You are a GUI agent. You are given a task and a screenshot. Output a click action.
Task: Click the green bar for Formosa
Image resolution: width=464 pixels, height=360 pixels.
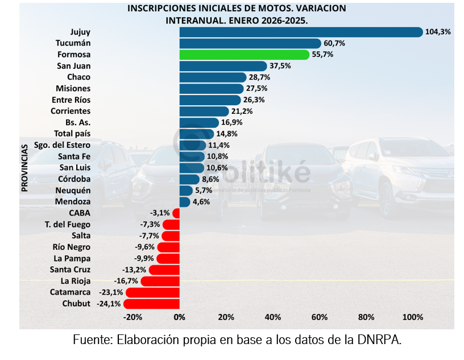point(245,55)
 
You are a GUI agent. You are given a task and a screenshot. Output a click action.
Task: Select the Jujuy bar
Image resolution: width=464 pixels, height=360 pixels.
point(301,32)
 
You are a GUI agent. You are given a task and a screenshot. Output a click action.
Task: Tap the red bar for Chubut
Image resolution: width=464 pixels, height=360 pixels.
point(151,304)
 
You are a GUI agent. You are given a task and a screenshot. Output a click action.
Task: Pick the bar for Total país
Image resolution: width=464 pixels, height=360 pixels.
point(196,134)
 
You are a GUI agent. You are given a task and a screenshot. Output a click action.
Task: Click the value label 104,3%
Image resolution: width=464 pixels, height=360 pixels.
point(438,32)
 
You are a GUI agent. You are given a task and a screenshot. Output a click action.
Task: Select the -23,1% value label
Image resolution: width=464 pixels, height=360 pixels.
point(111,292)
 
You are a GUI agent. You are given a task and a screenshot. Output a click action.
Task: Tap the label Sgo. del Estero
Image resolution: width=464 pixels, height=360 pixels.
point(62,145)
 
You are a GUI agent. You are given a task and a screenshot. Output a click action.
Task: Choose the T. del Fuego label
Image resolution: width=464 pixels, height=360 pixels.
point(67,225)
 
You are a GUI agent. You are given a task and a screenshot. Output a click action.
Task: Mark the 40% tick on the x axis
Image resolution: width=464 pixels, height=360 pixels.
point(273,317)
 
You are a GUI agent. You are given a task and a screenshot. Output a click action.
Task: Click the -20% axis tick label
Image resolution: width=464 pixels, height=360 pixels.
point(132,317)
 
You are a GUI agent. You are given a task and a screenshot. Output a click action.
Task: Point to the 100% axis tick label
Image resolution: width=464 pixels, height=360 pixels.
point(413,317)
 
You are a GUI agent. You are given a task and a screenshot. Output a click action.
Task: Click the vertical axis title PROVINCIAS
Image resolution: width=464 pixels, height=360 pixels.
point(25,167)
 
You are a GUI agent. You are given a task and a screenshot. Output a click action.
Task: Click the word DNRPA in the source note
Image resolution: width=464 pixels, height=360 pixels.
point(382,341)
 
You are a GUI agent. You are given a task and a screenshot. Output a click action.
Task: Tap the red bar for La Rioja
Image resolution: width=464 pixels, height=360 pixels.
point(160,281)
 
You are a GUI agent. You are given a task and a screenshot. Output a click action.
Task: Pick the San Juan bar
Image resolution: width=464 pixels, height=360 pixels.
point(223,66)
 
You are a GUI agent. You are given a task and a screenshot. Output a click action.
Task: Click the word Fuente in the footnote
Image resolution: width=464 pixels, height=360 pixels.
point(92,341)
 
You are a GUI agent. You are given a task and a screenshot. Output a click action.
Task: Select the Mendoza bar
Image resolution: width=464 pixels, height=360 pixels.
point(185,202)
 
